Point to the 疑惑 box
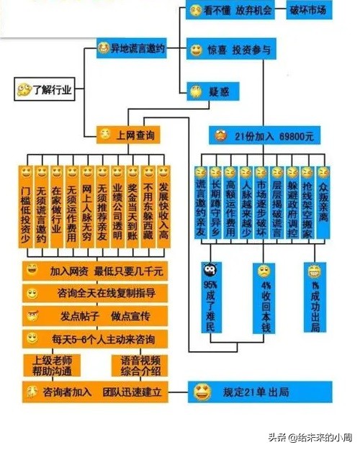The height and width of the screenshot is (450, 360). pyautogui.click(x=209, y=91)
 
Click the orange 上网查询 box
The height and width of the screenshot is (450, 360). pyautogui.click(x=128, y=134)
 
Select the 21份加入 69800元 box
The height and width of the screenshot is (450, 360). pyautogui.click(x=263, y=135)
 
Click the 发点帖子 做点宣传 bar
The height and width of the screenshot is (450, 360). pyautogui.click(x=94, y=315)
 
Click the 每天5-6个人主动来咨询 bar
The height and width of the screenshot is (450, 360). pyautogui.click(x=94, y=338)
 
